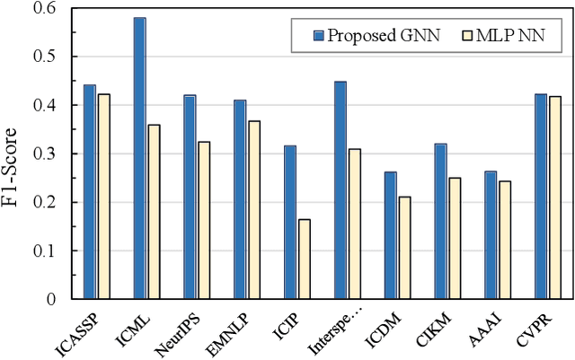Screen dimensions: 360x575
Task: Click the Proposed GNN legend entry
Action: (370, 35)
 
